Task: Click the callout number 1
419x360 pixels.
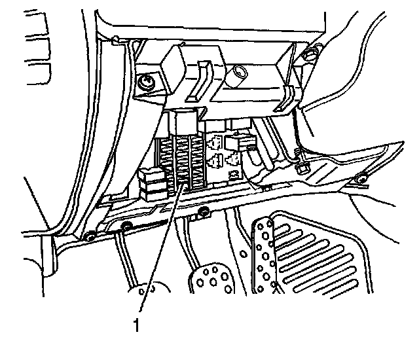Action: click(136, 323)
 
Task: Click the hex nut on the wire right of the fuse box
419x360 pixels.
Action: click(302, 168)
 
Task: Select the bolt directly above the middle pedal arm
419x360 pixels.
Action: click(204, 211)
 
